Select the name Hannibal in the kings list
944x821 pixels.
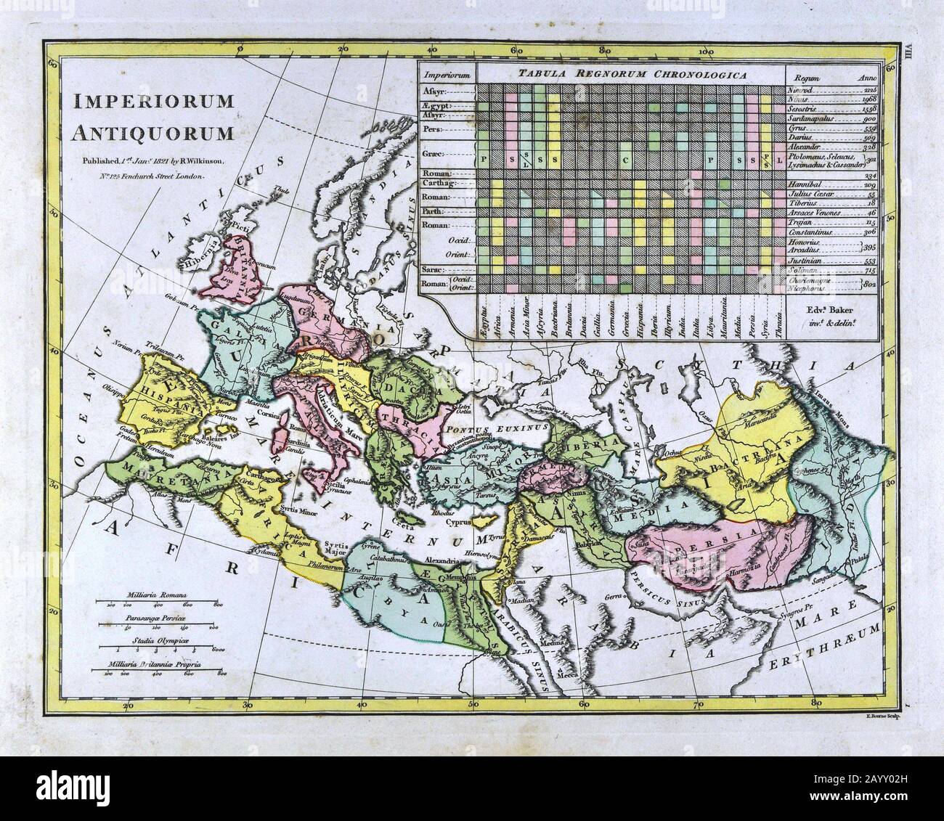(x=807, y=184)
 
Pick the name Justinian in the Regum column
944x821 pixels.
(x=807, y=260)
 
